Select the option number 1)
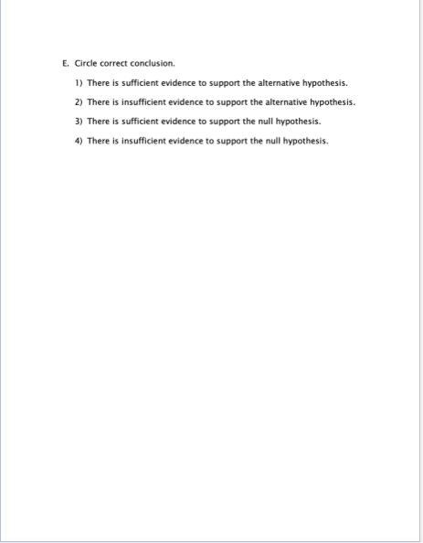(79, 83)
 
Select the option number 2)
(79, 102)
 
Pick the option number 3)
(79, 122)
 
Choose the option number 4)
(79, 141)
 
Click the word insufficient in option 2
(142, 102)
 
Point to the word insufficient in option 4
(142, 141)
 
